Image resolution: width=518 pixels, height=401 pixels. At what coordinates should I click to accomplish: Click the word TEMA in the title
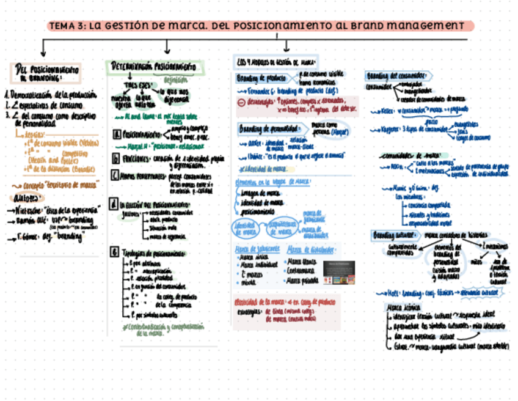pyautogui.click(x=60, y=26)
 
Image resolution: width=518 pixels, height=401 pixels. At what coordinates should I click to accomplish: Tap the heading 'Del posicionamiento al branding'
pyautogui.click(x=46, y=73)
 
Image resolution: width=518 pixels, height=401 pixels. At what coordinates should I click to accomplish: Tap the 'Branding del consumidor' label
pyautogui.click(x=398, y=76)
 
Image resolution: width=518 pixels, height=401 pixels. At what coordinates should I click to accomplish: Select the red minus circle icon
pyautogui.click(x=241, y=102)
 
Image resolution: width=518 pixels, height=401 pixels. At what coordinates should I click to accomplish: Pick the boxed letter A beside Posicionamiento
pyautogui.click(x=116, y=133)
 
